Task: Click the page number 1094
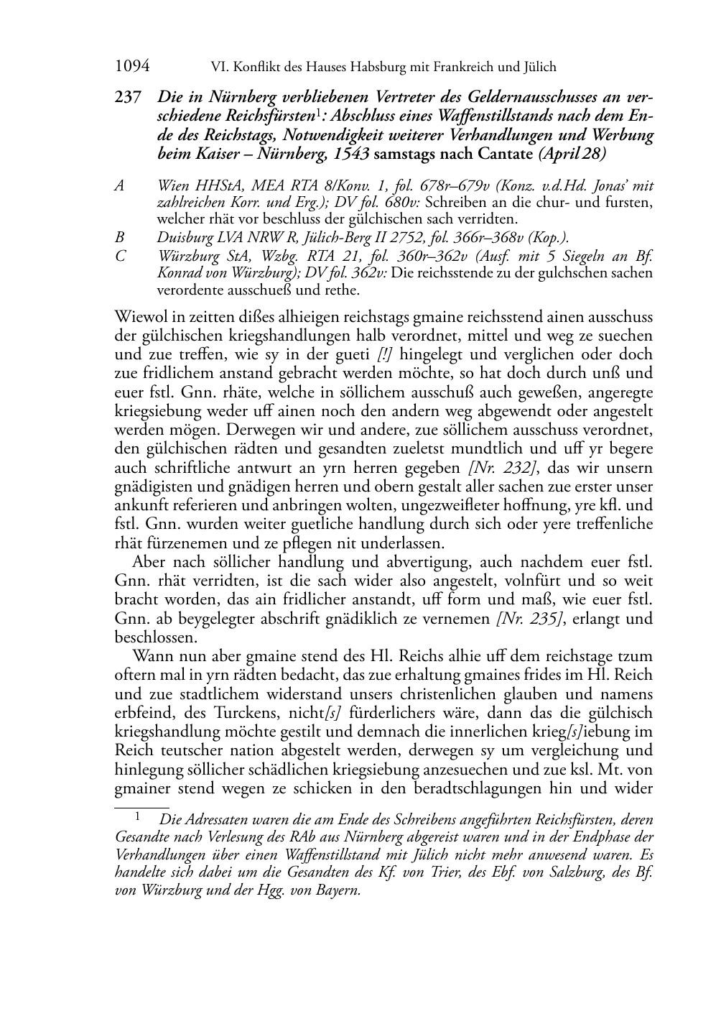click(x=132, y=67)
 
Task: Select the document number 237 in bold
click(x=128, y=97)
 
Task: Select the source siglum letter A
click(x=120, y=186)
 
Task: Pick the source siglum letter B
click(x=120, y=236)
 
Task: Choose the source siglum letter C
click(x=120, y=254)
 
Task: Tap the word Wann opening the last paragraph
click(x=152, y=656)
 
